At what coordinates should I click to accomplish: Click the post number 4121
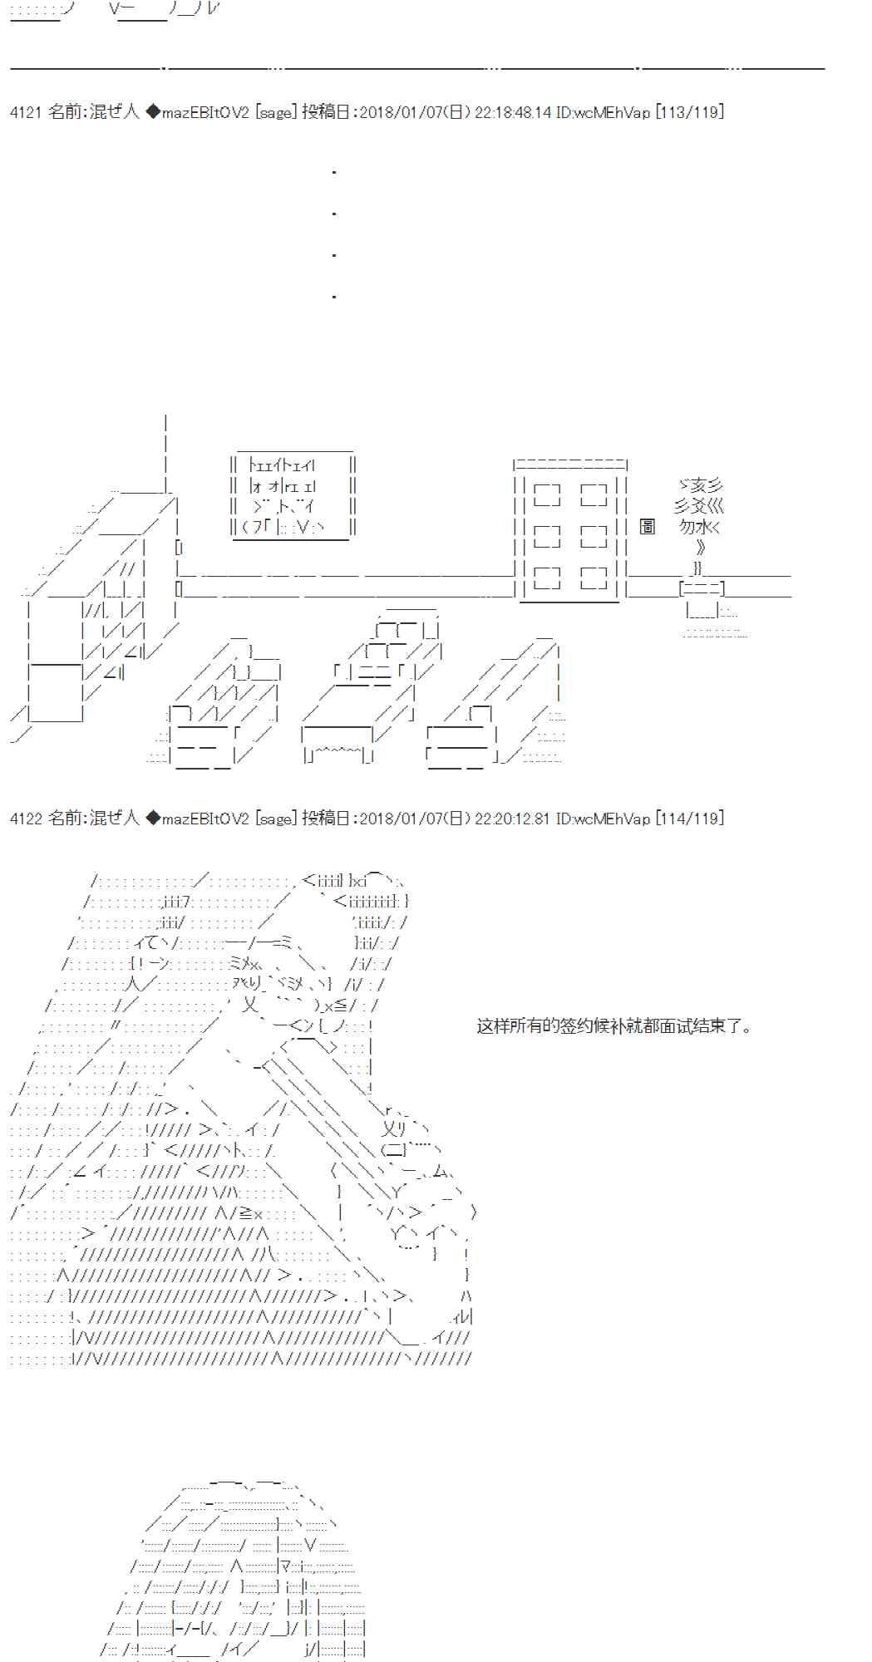25,112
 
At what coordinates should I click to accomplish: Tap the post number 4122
25,819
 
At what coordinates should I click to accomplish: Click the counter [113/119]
689,112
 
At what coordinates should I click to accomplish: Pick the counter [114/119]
689,819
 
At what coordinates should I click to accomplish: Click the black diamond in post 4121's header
153,112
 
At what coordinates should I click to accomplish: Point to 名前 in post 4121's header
66,112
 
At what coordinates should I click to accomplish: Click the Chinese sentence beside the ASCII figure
615,1026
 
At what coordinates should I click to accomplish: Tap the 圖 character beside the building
648,527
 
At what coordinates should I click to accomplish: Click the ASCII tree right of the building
699,515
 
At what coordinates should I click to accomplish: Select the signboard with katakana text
293,496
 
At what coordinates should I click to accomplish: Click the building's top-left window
547,495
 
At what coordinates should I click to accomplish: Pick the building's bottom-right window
594,578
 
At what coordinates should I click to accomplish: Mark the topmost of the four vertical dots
333,172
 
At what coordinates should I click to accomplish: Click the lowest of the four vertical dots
333,296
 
